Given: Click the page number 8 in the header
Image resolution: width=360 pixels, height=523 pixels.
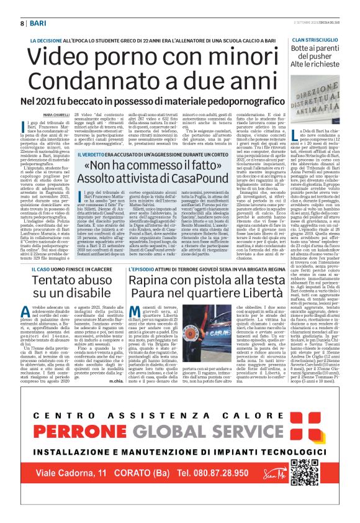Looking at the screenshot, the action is click(x=22, y=23).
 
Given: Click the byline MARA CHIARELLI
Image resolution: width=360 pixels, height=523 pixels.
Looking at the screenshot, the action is click(x=56, y=115).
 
